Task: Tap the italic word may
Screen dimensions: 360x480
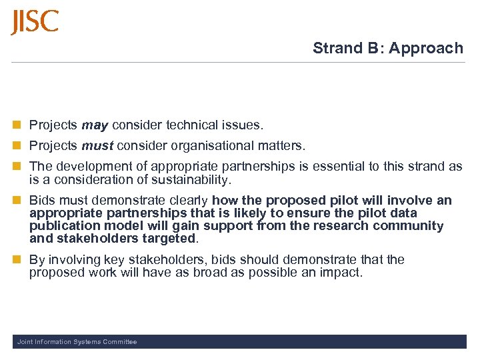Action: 95,125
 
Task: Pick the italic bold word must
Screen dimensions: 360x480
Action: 96,145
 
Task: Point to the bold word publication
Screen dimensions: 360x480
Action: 63,226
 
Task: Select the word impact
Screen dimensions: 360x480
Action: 341,272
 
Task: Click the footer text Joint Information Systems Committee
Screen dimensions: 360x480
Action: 77,342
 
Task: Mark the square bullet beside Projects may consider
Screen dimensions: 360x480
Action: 17,125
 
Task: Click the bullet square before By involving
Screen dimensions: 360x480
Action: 17,259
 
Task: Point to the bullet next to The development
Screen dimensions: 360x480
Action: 17,167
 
